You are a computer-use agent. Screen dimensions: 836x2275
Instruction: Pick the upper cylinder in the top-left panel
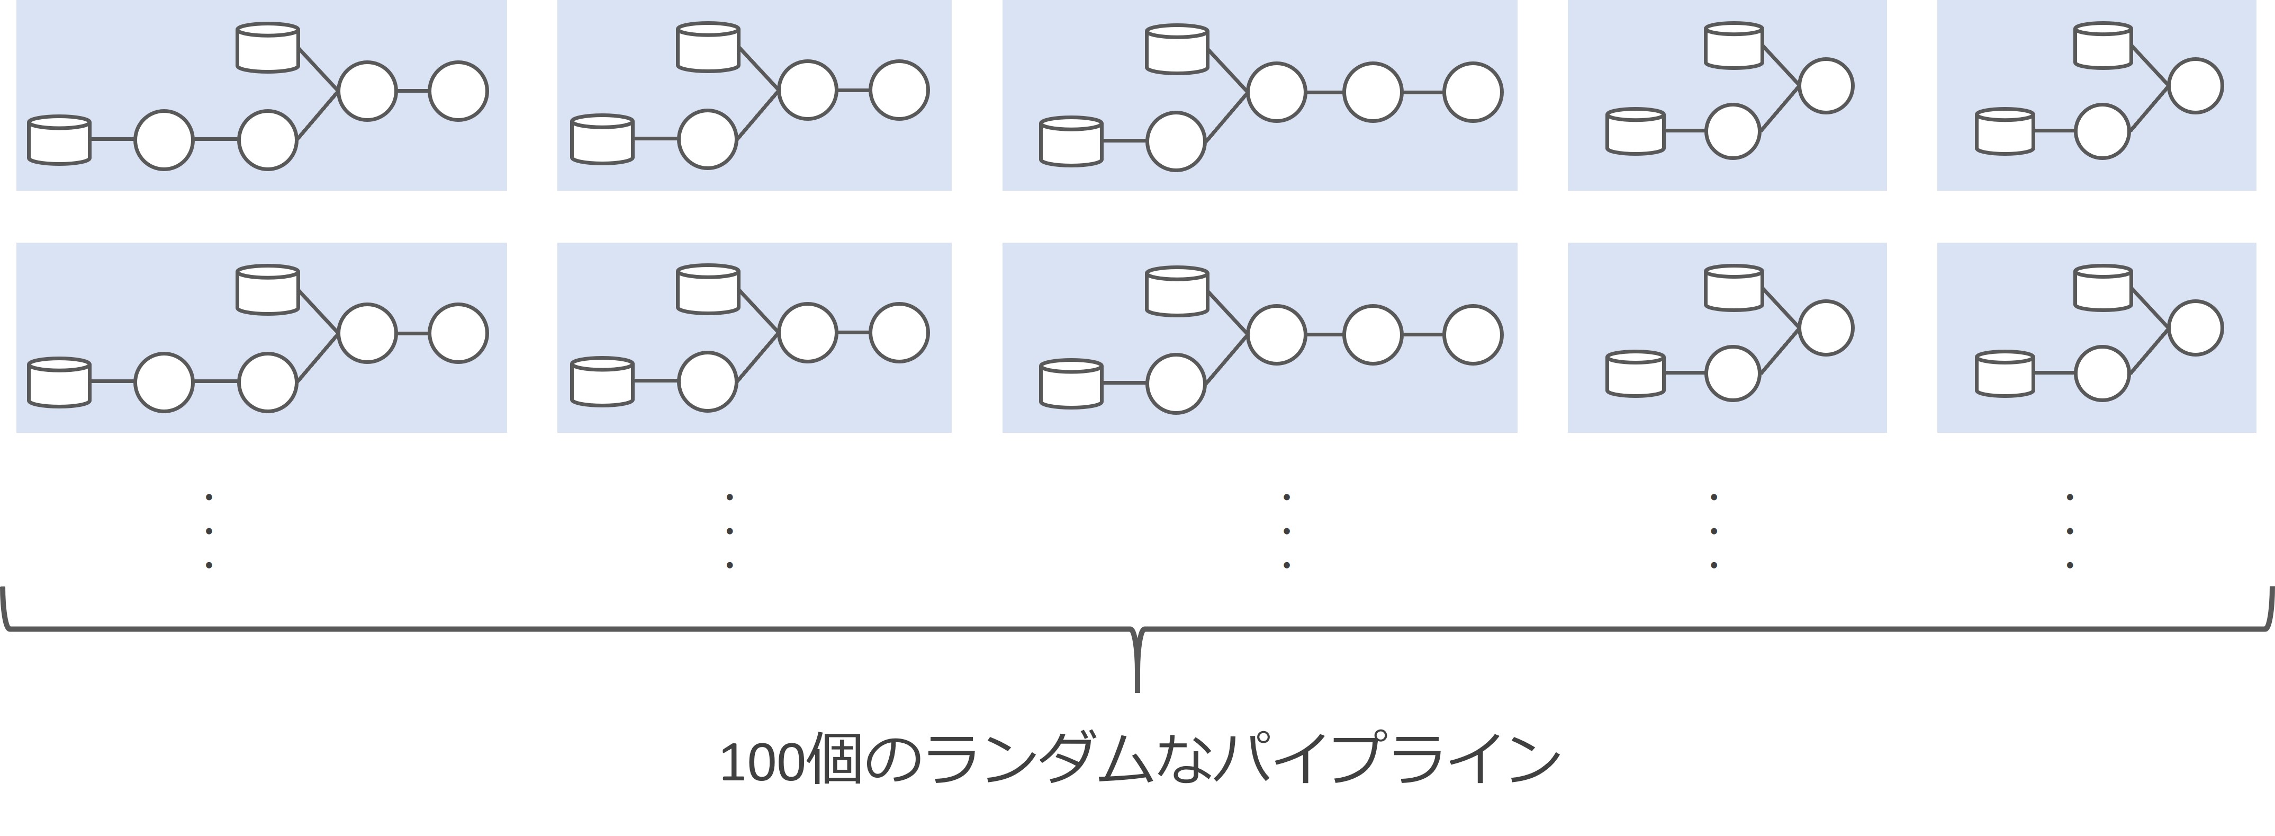268,48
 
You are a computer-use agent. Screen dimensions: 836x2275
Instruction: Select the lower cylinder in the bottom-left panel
59,382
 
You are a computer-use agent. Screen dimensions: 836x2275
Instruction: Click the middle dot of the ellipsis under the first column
209,531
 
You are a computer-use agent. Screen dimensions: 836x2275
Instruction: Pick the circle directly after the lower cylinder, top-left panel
164,140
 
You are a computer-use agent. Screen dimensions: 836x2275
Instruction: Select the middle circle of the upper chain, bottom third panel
1373,335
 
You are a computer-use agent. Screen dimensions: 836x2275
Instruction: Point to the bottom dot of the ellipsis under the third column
1287,565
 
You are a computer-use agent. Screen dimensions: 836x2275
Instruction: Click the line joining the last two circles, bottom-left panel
412,333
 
